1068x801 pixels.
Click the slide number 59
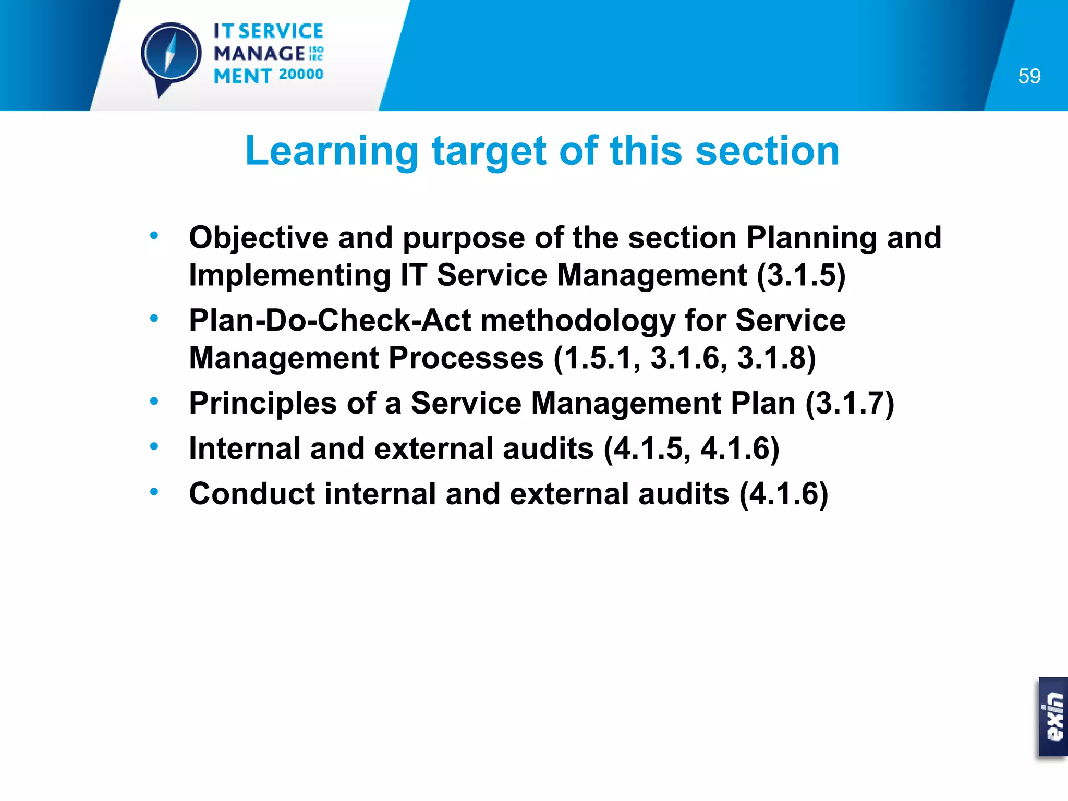tap(1029, 76)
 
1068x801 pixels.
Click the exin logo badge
tap(1053, 717)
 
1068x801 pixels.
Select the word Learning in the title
tap(332, 151)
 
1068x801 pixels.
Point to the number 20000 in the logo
tap(301, 75)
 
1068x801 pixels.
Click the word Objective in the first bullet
tap(259, 238)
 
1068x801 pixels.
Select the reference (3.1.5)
tap(801, 275)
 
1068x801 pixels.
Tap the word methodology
tap(578, 321)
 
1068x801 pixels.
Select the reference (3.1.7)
tap(849, 404)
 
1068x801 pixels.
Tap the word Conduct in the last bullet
tap(252, 494)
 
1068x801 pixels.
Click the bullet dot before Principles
tap(154, 401)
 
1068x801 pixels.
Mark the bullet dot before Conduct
tap(154, 491)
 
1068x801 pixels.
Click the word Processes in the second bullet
tap(466, 358)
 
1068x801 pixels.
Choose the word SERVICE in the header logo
tap(281, 31)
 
